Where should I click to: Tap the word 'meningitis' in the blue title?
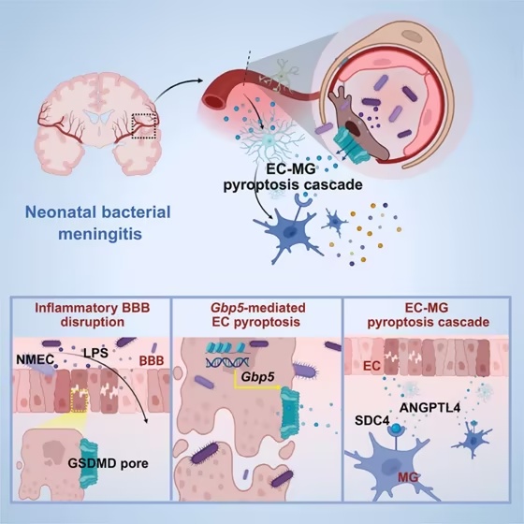tap(100, 235)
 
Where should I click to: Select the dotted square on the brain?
tap(144, 125)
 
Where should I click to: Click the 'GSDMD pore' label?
tap(108, 463)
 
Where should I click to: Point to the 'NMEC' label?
tap(36, 359)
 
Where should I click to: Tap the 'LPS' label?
tap(95, 353)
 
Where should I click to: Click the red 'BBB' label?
tap(152, 360)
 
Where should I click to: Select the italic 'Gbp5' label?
tap(257, 376)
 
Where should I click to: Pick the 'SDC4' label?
tap(372, 420)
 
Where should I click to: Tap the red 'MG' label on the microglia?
tap(408, 478)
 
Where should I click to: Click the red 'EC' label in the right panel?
tap(372, 366)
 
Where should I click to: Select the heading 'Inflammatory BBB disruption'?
tap(93, 314)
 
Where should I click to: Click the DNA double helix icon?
tap(226, 362)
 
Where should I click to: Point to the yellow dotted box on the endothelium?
tap(80, 400)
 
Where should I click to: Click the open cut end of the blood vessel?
tap(214, 99)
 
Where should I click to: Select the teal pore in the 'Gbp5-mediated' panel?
tap(289, 413)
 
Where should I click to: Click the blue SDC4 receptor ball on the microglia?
tap(397, 428)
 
